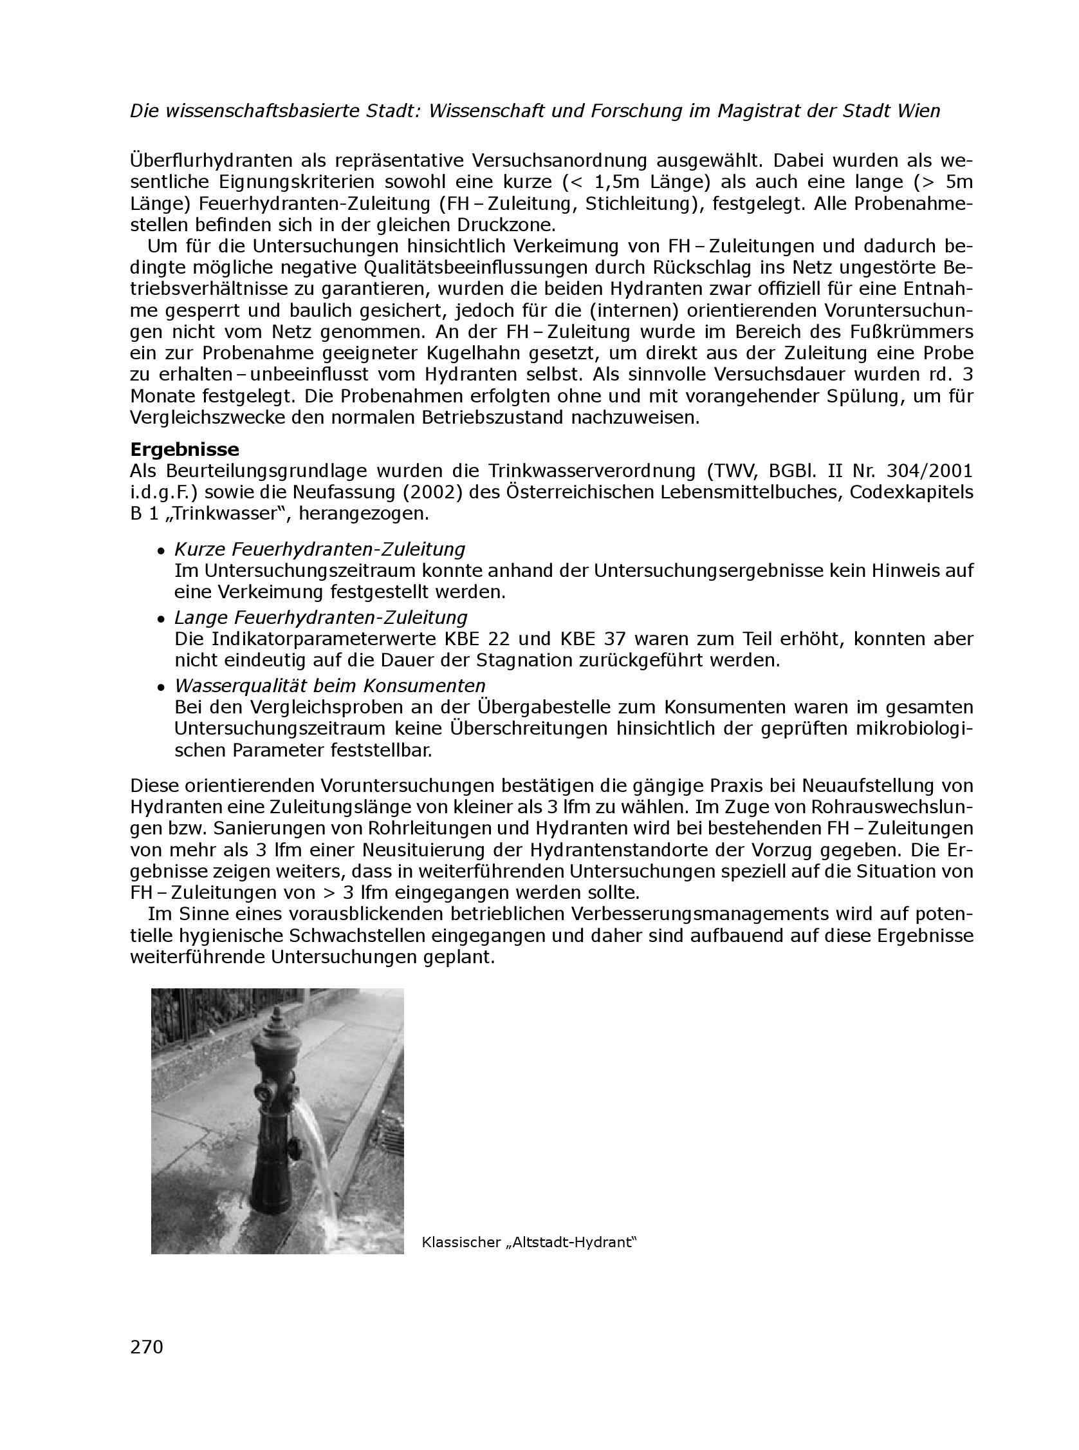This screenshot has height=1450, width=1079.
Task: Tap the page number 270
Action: click(x=147, y=1347)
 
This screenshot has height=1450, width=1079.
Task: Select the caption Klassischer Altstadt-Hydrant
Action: click(x=529, y=1242)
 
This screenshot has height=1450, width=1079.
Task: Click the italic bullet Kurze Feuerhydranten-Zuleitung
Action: click(x=319, y=549)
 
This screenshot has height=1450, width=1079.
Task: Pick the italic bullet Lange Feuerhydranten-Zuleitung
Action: click(x=320, y=617)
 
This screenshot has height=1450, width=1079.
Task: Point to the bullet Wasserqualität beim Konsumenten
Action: click(x=330, y=686)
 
